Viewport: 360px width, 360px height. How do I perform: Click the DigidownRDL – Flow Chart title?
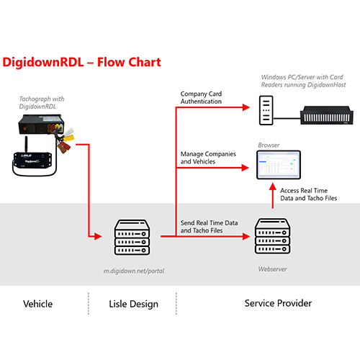click(81, 63)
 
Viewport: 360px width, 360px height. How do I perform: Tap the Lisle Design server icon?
click(132, 237)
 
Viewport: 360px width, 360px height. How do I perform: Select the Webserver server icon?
click(272, 236)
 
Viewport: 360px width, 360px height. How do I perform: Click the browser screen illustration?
click(279, 165)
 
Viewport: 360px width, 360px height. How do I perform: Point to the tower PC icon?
click(266, 110)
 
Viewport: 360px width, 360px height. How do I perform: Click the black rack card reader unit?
click(327, 115)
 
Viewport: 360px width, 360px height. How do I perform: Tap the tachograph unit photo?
click(41, 124)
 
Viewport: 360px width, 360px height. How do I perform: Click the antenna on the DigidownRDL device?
click(26, 144)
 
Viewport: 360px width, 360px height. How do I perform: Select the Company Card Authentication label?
click(201, 97)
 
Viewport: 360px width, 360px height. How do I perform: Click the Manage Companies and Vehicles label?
click(208, 158)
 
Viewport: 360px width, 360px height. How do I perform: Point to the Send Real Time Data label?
click(209, 227)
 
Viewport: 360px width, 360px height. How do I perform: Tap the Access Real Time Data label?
click(308, 194)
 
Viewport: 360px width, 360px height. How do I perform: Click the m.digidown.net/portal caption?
click(134, 271)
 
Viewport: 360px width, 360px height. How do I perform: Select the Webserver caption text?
click(272, 269)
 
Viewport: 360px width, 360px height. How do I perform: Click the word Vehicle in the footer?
click(38, 304)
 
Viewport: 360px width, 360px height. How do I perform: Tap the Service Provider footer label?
click(278, 303)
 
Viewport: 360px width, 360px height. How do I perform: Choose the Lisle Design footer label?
click(133, 304)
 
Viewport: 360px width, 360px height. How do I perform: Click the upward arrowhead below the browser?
click(273, 186)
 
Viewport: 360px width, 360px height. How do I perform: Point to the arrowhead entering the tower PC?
click(246, 107)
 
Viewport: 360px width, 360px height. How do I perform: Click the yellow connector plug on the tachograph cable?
click(68, 138)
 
